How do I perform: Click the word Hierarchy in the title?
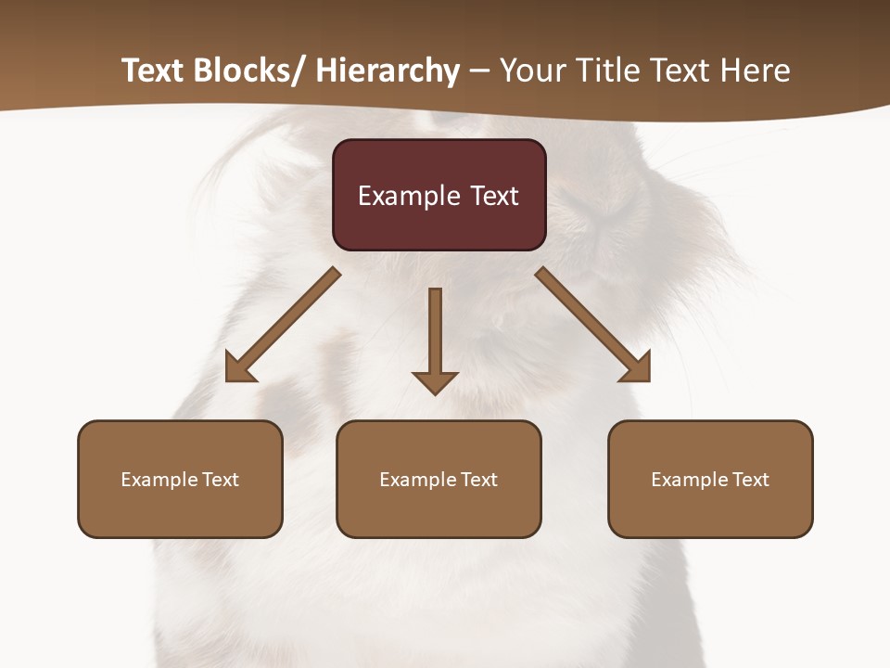click(x=388, y=71)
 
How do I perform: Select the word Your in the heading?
click(x=533, y=71)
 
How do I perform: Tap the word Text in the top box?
click(x=494, y=196)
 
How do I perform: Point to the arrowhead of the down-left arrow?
click(x=239, y=368)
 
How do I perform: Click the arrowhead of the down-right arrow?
click(x=637, y=368)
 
